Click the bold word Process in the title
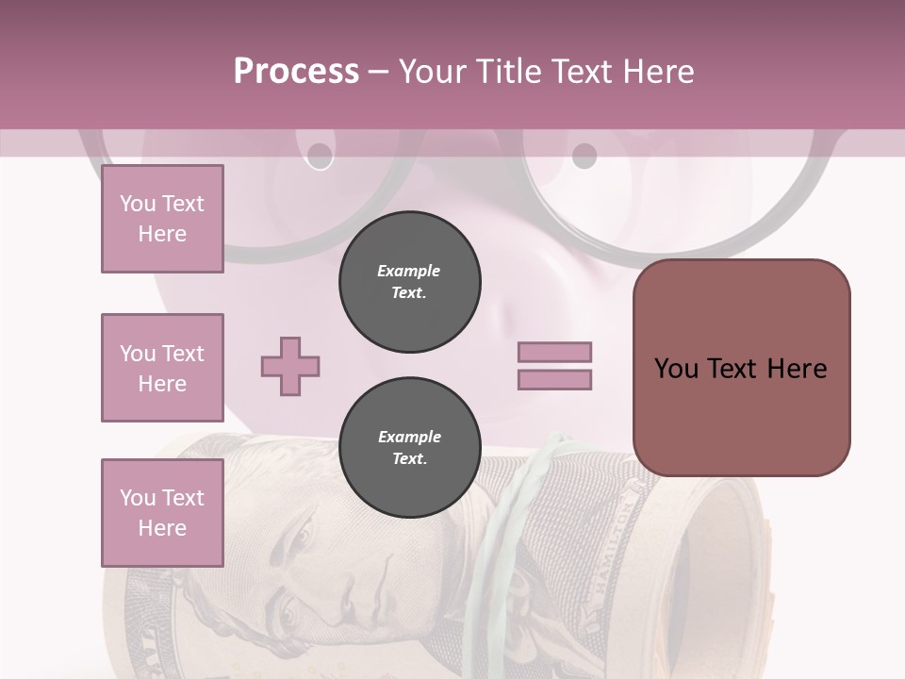296,71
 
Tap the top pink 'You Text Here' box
162,219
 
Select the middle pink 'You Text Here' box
162,368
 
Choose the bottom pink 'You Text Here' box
162,513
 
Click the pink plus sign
290,366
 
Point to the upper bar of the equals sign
554,353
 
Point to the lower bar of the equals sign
554,379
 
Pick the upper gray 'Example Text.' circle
409,282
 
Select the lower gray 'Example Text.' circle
409,448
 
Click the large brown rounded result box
741,367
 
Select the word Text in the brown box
741,368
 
